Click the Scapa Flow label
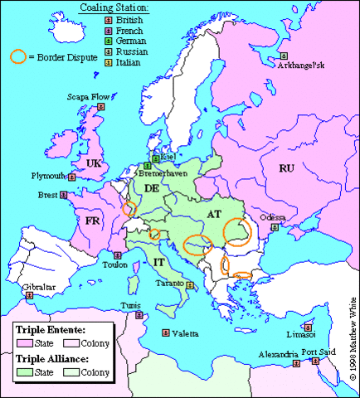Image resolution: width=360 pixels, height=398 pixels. click(84, 119)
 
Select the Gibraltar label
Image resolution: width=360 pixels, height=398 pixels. click(19, 284)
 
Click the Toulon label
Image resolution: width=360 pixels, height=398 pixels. click(114, 265)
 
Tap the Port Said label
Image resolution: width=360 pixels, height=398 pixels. click(319, 352)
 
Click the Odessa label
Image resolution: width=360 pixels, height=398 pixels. click(272, 217)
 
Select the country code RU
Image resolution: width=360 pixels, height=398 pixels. click(287, 168)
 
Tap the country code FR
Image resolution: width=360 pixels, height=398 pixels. click(93, 222)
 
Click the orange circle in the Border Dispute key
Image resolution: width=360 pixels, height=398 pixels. click(17, 57)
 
